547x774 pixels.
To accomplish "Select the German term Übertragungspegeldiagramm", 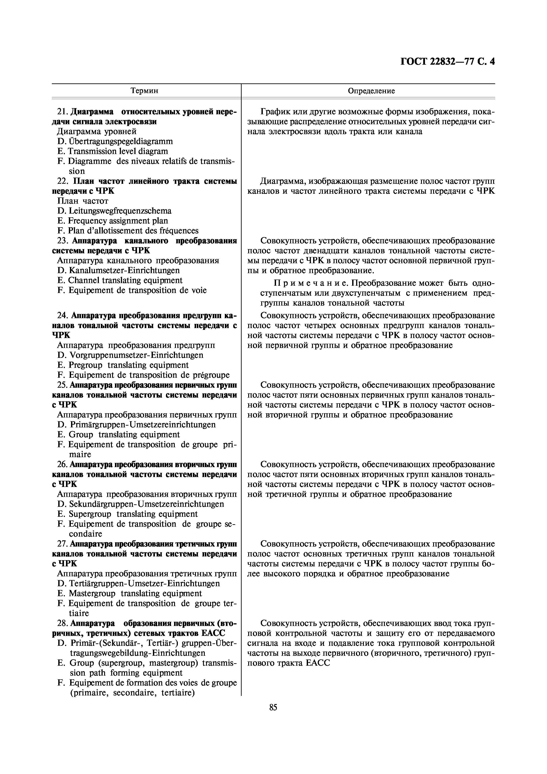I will tap(121, 141).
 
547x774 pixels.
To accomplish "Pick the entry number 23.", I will tap(63, 241).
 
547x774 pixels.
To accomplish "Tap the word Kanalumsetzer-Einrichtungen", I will tap(124, 270).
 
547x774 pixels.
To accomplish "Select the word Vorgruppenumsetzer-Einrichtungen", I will tap(136, 355).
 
